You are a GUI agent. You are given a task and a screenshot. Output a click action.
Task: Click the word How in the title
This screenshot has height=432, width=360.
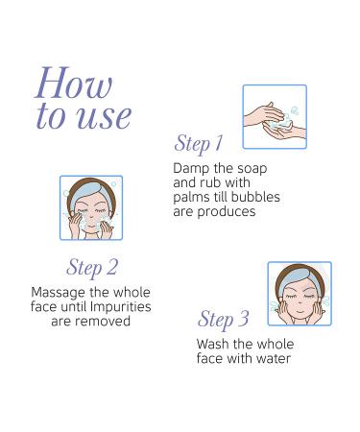[74, 83]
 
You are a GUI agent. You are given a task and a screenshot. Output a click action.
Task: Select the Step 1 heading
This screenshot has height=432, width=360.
[199, 144]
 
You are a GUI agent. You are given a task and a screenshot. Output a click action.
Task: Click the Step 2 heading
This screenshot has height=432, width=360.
[92, 268]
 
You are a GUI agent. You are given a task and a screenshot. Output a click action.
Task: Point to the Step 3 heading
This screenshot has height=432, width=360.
[224, 320]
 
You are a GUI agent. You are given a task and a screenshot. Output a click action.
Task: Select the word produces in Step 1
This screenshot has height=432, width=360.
[227, 212]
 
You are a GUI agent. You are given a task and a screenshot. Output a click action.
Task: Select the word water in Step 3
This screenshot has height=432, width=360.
[274, 358]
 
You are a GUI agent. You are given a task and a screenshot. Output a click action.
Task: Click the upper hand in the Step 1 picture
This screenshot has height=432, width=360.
[264, 113]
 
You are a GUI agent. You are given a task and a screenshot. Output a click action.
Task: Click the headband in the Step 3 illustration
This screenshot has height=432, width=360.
[295, 279]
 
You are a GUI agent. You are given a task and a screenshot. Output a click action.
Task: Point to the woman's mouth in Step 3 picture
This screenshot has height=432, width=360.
[299, 310]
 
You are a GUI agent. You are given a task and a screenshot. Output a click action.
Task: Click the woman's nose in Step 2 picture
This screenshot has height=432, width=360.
[91, 219]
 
